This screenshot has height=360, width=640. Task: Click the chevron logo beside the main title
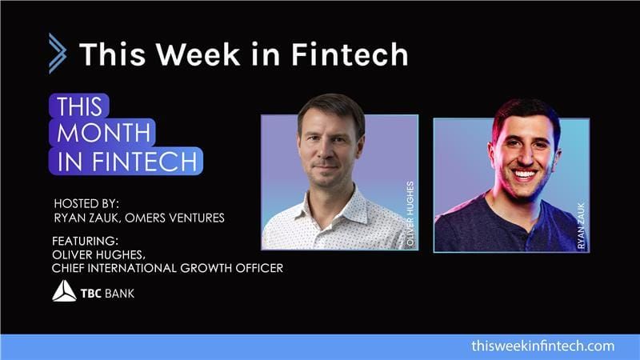(x=57, y=53)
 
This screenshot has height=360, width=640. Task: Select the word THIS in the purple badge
(x=78, y=106)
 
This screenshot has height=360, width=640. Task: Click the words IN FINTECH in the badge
(x=126, y=161)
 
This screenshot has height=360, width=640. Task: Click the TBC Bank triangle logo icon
(x=64, y=291)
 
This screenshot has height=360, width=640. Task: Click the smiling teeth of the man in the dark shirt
(x=524, y=174)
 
